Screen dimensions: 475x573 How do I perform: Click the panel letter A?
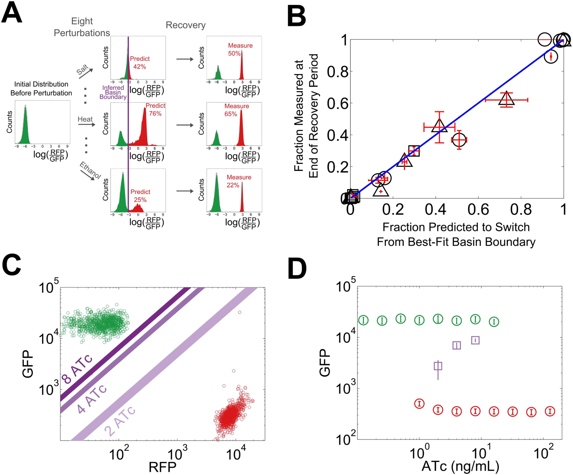click(x=12, y=13)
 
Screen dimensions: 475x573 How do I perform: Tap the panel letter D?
click(x=297, y=269)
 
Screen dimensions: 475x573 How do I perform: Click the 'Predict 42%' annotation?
click(x=140, y=63)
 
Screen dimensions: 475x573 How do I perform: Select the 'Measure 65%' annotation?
click(x=236, y=110)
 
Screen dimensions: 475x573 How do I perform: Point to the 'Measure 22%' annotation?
click(x=238, y=181)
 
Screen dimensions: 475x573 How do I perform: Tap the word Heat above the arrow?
click(x=85, y=119)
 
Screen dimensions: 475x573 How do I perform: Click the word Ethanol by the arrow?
click(x=90, y=170)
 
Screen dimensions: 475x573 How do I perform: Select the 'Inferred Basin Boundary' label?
click(x=113, y=92)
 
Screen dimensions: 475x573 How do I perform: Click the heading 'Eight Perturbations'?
click(x=82, y=27)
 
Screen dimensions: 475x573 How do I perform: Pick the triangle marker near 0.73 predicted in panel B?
click(x=506, y=99)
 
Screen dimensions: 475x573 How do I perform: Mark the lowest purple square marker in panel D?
click(x=438, y=366)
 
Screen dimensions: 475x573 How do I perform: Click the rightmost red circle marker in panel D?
click(x=550, y=411)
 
